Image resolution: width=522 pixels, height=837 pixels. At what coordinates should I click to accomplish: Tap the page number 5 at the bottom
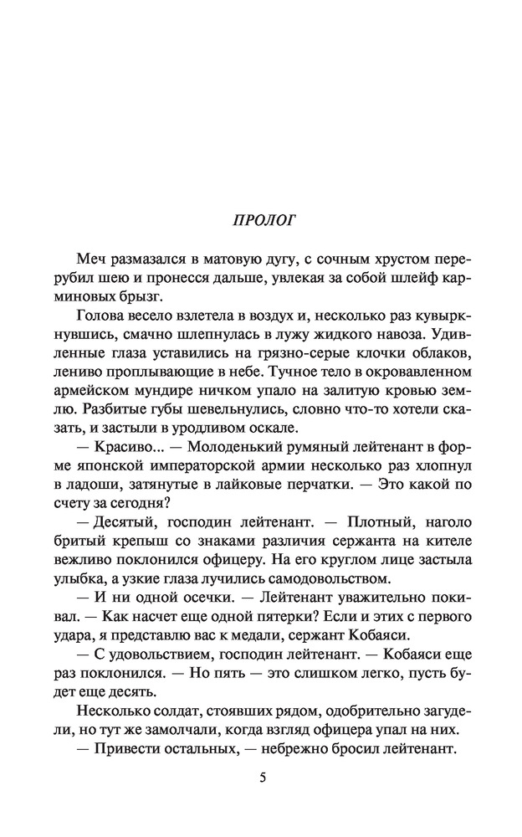tap(262, 778)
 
